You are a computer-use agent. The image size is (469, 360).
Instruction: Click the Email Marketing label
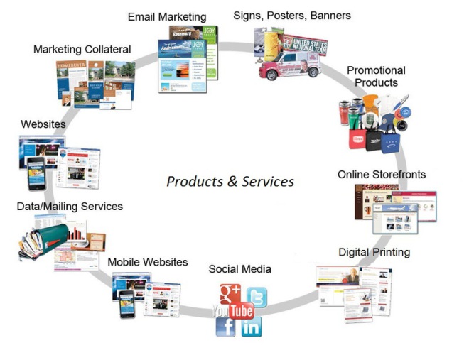click(167, 16)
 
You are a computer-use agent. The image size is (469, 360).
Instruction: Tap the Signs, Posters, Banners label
click(291, 15)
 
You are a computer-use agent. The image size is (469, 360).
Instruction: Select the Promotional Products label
click(376, 76)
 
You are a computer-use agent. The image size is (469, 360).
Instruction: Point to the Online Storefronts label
click(382, 174)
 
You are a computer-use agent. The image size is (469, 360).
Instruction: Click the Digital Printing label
click(374, 252)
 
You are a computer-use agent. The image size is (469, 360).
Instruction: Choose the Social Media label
click(239, 269)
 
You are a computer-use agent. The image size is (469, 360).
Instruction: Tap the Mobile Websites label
click(148, 262)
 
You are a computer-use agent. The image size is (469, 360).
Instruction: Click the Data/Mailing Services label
click(70, 207)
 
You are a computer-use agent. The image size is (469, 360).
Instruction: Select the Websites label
click(43, 124)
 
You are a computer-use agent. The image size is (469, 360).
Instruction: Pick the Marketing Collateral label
click(82, 49)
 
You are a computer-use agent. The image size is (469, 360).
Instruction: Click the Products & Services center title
click(230, 182)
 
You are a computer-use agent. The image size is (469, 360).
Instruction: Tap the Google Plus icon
click(230, 292)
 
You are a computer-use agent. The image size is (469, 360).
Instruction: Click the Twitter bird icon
click(257, 297)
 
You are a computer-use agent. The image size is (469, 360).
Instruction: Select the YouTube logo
click(232, 311)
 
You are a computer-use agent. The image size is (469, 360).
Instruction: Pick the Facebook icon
click(225, 327)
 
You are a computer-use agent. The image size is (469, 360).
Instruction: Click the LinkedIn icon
click(251, 327)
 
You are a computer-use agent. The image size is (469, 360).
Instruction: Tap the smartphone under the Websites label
click(36, 175)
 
